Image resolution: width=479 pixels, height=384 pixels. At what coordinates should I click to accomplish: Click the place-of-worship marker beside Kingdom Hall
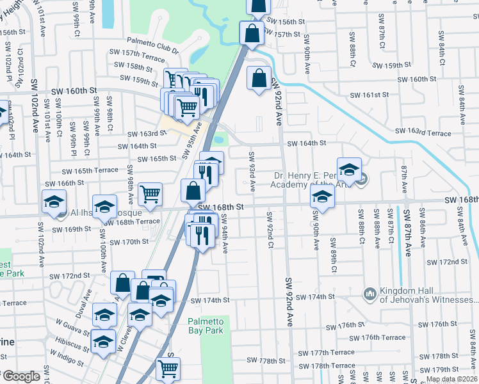pos(369,294)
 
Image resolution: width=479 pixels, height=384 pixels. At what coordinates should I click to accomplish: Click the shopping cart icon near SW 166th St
pos(149,193)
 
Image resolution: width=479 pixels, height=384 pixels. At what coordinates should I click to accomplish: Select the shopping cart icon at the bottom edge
pos(168,369)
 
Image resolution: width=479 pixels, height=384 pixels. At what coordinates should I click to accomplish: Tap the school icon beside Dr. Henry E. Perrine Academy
pos(349,170)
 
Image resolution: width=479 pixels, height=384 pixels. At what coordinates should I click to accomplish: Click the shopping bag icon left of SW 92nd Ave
pos(257,79)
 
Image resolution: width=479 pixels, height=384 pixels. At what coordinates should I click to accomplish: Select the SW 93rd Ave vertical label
pos(252,172)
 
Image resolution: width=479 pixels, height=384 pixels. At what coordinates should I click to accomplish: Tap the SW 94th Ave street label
pos(225,233)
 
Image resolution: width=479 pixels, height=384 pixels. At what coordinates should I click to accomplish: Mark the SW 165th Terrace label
pos(90,170)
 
